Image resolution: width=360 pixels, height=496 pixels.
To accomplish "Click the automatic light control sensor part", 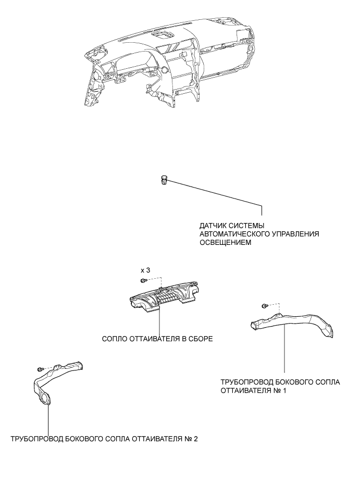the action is [x=164, y=180].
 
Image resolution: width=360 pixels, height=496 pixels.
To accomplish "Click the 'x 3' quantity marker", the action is [x=145, y=270].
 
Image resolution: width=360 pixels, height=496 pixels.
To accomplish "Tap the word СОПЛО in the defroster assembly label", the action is [x=116, y=338].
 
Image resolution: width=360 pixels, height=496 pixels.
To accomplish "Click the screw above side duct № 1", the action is [x=265, y=305].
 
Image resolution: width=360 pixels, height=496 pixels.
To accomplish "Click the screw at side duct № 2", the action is [x=40, y=368].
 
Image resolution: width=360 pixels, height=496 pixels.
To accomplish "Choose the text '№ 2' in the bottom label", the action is [x=191, y=438].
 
